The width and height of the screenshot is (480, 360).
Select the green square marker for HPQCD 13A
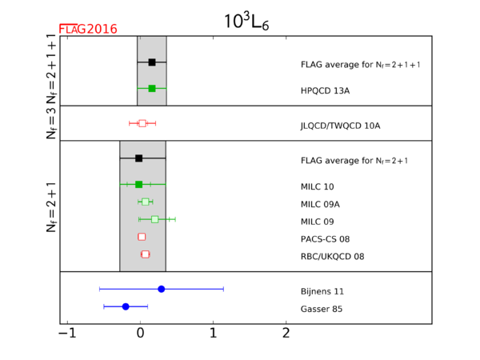152,89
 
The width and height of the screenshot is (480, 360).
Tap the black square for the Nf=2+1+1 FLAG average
152,62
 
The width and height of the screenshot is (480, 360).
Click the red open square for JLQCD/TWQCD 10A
142,123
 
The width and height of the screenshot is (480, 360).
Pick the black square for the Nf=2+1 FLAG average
138,158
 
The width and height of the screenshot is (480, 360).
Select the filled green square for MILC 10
138,184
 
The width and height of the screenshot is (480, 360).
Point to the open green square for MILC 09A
145,202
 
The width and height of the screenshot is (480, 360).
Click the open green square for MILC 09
154,219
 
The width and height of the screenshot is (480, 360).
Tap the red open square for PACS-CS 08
142,237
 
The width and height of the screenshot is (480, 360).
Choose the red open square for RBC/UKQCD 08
145,254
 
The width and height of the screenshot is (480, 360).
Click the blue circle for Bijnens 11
162,289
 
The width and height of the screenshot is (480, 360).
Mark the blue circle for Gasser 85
126,306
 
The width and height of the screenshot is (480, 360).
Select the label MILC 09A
320,204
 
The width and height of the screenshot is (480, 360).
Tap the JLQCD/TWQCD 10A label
341,126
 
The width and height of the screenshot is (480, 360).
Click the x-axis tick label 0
141,333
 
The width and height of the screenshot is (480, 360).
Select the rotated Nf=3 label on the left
51,124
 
